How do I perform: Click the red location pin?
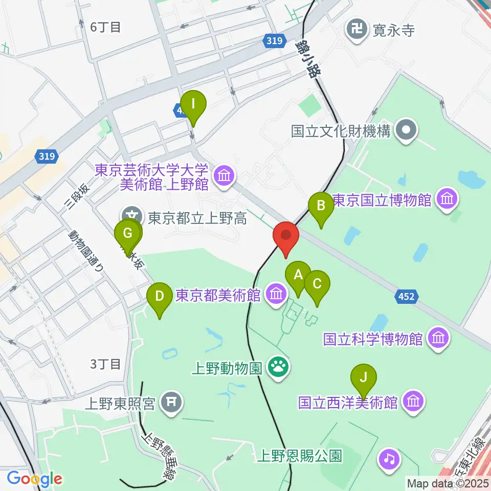pyautogui.click(x=285, y=236)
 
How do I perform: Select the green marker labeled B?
pyautogui.click(x=321, y=206)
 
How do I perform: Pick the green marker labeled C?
pyautogui.click(x=317, y=283)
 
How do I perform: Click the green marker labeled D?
pyautogui.click(x=160, y=296)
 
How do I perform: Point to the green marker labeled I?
pyautogui.click(x=193, y=104)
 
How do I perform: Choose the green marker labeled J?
pyautogui.click(x=364, y=377)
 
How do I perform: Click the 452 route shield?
pyautogui.click(x=407, y=296)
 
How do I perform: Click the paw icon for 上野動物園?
pyautogui.click(x=279, y=367)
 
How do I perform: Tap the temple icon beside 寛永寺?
pyautogui.click(x=356, y=29)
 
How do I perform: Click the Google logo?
pyautogui.click(x=35, y=479)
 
